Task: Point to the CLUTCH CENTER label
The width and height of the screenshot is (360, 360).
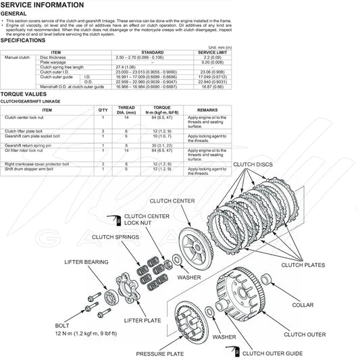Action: (x=172, y=201)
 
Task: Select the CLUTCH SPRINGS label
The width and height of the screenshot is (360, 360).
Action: (x=116, y=237)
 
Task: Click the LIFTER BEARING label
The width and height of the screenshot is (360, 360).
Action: (x=86, y=261)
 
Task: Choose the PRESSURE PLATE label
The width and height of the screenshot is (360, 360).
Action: (x=159, y=353)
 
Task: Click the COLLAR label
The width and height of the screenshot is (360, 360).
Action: (x=302, y=305)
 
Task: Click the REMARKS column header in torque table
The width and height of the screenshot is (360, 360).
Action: (x=207, y=109)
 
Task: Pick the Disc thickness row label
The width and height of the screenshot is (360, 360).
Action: (x=53, y=58)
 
